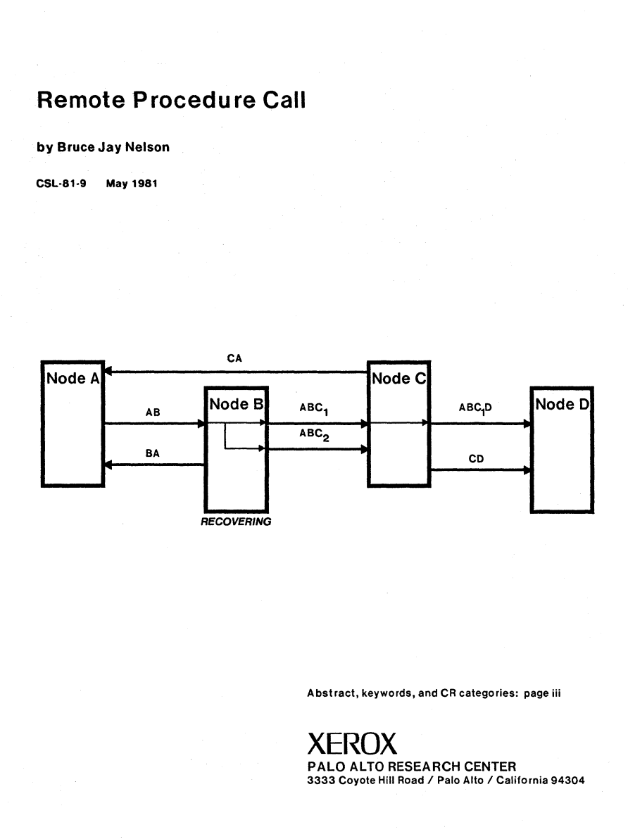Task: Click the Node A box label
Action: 73,379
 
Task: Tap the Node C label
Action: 397,379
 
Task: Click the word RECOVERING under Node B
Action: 236,523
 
